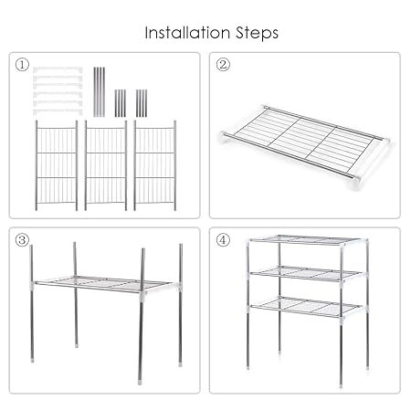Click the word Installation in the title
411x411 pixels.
(187, 33)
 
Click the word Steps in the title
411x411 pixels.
(257, 33)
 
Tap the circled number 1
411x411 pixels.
(22, 65)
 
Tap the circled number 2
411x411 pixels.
(223, 65)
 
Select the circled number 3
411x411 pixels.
(22, 240)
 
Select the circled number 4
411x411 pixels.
(223, 240)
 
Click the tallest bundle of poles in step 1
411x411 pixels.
(99, 91)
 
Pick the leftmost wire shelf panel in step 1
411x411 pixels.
(57, 165)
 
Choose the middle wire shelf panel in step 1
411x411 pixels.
(106, 165)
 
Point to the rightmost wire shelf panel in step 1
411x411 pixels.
(154, 165)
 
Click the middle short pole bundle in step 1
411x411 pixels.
(121, 103)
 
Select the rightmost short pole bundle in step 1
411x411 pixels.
(142, 103)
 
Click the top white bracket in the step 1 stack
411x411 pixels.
(58, 69)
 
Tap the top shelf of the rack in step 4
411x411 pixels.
(308, 240)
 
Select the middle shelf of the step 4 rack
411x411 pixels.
(308, 273)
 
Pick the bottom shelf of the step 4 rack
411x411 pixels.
(308, 307)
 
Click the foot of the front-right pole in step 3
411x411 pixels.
(140, 382)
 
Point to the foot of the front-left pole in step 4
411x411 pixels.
(248, 367)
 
